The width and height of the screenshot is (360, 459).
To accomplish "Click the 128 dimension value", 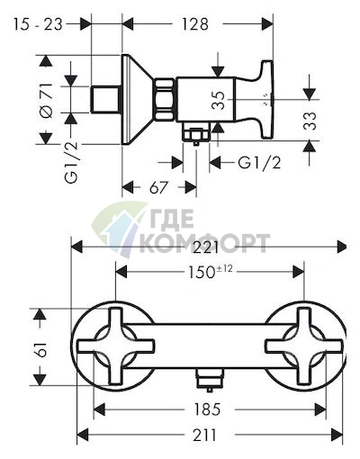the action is coord(194,24).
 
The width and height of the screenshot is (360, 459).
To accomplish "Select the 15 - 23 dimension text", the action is coord(38,24).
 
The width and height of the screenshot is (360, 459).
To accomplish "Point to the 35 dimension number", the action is coord(218,100).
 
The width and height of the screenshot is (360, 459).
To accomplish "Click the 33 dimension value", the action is coord(310,121).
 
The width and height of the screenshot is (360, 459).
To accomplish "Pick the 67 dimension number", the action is coord(158,188).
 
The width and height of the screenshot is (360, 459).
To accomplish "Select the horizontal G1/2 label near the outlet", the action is coord(259,163).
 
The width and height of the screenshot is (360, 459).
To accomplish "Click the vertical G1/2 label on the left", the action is coord(71,162).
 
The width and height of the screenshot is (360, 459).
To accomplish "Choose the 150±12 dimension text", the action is coord(210,272).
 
